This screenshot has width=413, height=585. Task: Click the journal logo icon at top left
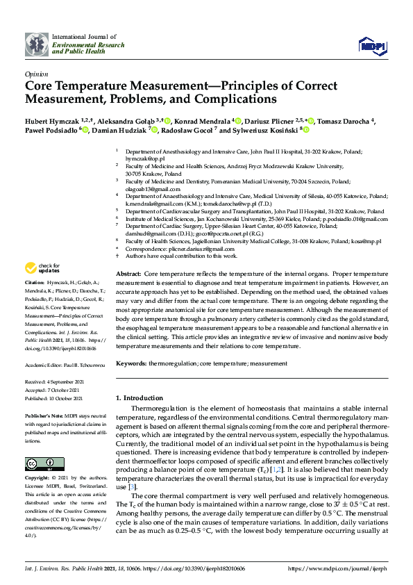[37, 44]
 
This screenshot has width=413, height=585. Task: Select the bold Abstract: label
[128, 275]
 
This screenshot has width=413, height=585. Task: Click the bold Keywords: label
[131, 363]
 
